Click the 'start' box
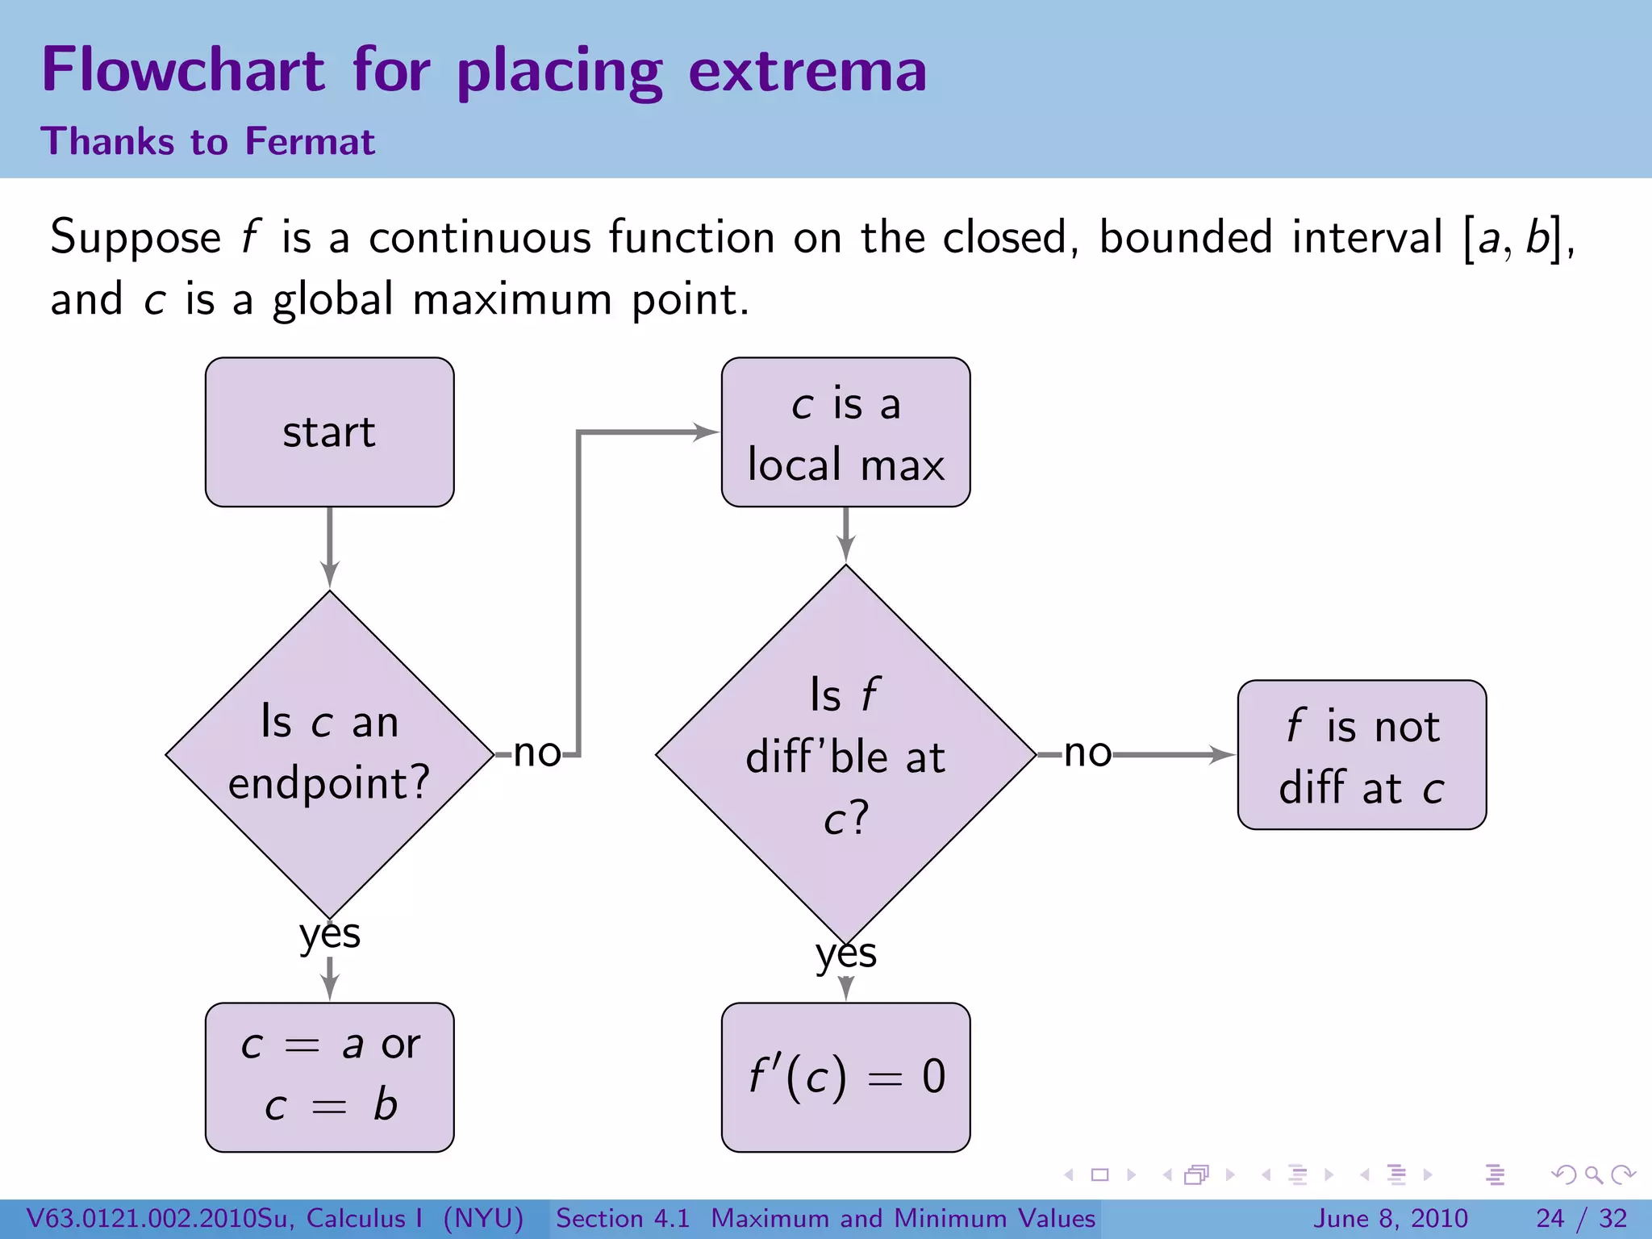(329, 432)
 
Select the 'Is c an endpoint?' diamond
(329, 754)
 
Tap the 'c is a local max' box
(845, 432)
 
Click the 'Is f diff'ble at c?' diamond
(845, 755)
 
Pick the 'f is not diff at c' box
(1362, 755)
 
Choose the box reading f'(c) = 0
(845, 1077)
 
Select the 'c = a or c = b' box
(329, 1077)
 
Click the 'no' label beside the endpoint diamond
(536, 753)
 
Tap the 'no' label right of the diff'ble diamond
(1087, 753)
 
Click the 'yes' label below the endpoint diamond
(329, 934)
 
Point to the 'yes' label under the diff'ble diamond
(845, 953)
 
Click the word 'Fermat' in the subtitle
(310, 142)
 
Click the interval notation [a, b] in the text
(1513, 239)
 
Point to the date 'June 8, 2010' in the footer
(1391, 1218)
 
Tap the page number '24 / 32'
(1581, 1218)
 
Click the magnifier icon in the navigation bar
(1593, 1175)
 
